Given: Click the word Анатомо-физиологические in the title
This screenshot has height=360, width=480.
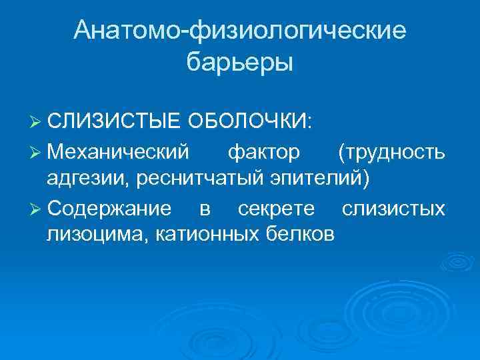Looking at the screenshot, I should coord(240,30).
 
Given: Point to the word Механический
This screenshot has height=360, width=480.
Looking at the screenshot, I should coord(118,153).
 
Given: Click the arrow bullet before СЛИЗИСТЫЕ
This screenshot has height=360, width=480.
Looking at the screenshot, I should coord(37,123).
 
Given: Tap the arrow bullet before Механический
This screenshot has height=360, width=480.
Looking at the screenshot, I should coord(37,153).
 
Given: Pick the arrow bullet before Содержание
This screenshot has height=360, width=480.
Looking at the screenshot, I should coord(37,209).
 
